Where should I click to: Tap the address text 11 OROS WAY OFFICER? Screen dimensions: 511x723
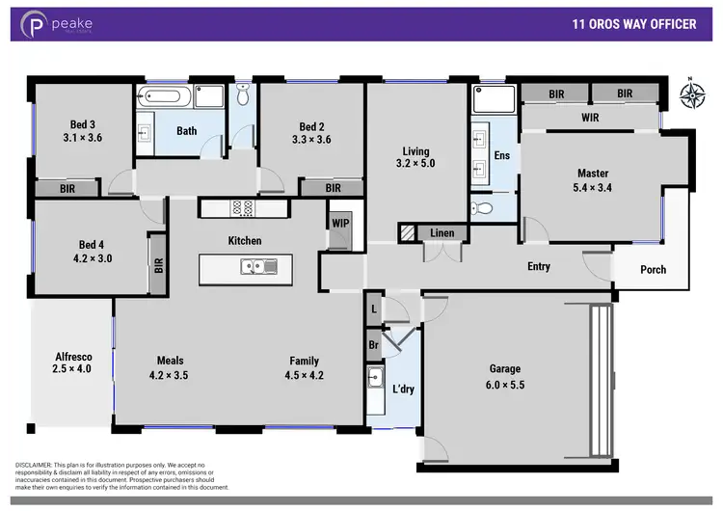(633, 25)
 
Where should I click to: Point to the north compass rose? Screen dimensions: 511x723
(690, 94)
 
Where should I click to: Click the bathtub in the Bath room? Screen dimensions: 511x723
(165, 97)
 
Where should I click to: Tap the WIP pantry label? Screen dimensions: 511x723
(339, 224)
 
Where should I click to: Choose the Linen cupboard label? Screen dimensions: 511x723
(442, 233)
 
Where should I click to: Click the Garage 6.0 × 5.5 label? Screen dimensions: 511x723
(504, 376)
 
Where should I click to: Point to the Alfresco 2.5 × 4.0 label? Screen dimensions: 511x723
(72, 363)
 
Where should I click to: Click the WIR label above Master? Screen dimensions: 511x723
(591, 118)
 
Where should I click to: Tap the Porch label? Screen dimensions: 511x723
(653, 269)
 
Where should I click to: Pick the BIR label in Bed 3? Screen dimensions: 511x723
(68, 189)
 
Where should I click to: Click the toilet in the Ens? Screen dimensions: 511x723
(481, 208)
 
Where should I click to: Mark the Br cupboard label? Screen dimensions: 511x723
(373, 343)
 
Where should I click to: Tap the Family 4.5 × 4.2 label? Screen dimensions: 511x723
(304, 368)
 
